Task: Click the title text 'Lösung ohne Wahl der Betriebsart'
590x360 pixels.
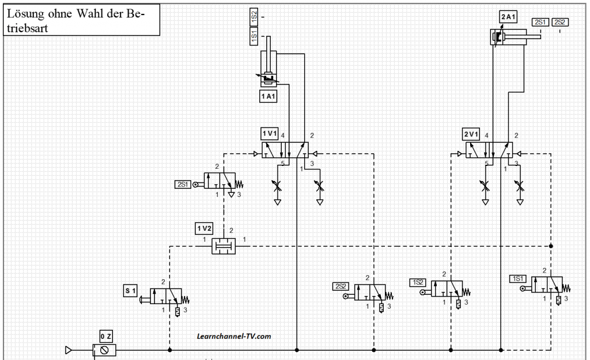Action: click(x=75, y=20)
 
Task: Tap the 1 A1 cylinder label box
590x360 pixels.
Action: click(x=268, y=96)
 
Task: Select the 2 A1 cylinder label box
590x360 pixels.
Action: click(x=508, y=17)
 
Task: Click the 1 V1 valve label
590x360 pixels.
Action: click(x=270, y=134)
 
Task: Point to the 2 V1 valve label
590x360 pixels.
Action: click(x=471, y=134)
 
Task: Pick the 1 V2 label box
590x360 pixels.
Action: click(x=205, y=228)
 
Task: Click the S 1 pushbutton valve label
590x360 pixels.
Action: click(x=130, y=291)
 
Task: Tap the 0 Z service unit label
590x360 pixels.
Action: click(x=106, y=336)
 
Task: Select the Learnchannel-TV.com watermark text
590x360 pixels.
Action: click(x=234, y=336)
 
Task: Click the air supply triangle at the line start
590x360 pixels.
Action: click(x=68, y=350)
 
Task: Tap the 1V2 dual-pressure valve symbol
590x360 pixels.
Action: click(x=224, y=246)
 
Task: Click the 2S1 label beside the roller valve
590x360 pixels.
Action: click(x=183, y=184)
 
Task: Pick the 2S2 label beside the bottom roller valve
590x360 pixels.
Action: click(x=340, y=286)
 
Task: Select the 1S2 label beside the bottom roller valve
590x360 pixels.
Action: click(x=418, y=282)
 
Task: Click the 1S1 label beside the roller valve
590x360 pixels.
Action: click(x=517, y=279)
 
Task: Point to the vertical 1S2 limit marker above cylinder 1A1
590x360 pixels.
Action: click(x=254, y=17)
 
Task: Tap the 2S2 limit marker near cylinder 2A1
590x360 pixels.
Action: click(x=560, y=22)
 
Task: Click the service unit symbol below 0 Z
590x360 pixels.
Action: click(x=104, y=350)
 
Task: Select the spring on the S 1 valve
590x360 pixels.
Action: click(x=186, y=300)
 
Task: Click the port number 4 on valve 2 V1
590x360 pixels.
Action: click(x=486, y=135)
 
